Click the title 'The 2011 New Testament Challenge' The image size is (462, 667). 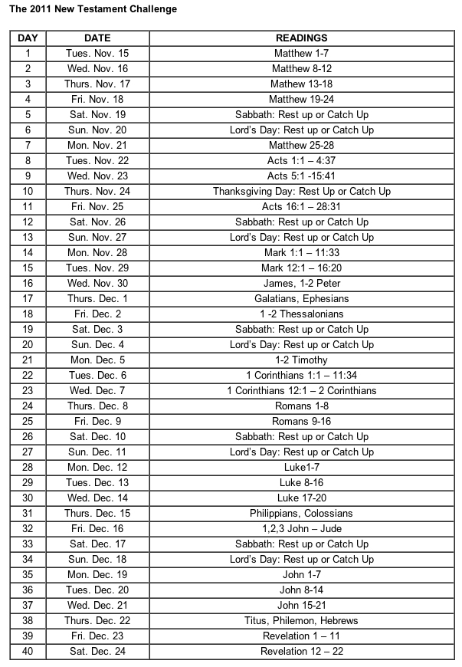pos(93,9)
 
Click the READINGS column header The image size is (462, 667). pos(301,38)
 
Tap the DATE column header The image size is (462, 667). pos(97,38)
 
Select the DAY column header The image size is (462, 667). pos(28,38)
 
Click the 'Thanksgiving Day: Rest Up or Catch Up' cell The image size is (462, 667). pos(301,191)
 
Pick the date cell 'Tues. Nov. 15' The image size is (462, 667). pos(97,53)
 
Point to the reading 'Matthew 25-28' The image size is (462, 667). pos(301,145)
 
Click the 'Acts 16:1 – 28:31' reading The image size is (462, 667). pos(301,206)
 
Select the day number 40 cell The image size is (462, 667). pos(28,651)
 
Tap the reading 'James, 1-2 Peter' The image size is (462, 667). pos(301,283)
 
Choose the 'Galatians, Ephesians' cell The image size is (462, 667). pos(301,298)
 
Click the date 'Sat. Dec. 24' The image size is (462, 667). pos(97,651)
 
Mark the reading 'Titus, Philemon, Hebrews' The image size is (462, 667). pos(301,620)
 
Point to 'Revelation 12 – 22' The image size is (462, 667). pos(301,651)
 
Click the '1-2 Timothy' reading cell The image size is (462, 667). pos(301,360)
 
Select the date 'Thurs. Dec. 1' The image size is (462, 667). pos(97,298)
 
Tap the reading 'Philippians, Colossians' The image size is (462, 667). pos(301,513)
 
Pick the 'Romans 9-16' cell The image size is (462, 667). pos(301,421)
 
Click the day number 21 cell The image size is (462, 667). pos(28,360)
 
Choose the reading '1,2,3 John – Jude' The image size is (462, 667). pos(301,528)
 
